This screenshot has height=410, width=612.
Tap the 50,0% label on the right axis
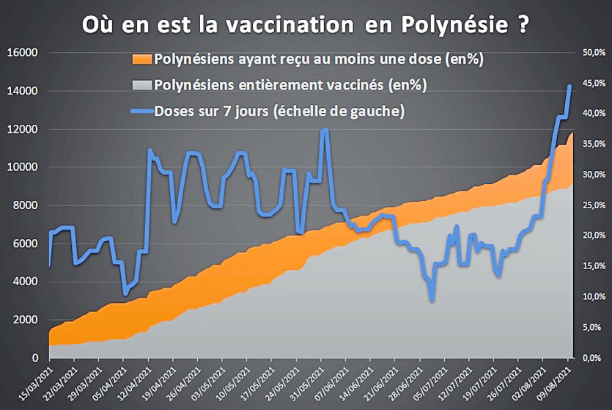[588, 53]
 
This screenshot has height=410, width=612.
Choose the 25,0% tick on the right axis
[588, 205]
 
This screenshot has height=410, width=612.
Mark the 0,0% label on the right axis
[589, 358]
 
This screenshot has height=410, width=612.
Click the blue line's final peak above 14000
[569, 86]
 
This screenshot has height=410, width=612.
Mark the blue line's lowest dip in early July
[432, 299]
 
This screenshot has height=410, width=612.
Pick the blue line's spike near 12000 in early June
[325, 129]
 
